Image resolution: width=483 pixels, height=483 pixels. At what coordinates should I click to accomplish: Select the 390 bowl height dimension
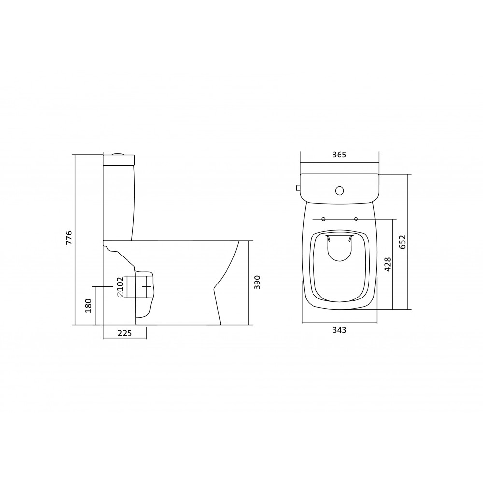tap(257, 282)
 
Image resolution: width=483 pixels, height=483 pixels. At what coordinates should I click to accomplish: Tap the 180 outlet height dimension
tap(89, 305)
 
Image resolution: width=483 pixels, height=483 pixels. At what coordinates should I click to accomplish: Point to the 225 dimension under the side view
tap(125, 333)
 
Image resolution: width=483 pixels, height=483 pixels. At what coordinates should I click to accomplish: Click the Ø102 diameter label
tap(120, 287)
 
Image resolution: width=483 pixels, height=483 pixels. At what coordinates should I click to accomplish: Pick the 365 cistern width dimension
tap(339, 155)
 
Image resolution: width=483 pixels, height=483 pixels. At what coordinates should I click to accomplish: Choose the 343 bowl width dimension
tap(339, 330)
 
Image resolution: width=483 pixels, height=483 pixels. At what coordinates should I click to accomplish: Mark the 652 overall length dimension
tap(403, 242)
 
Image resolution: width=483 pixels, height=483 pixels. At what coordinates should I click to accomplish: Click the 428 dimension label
tap(387, 264)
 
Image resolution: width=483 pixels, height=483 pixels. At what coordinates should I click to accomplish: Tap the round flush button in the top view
tap(340, 191)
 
